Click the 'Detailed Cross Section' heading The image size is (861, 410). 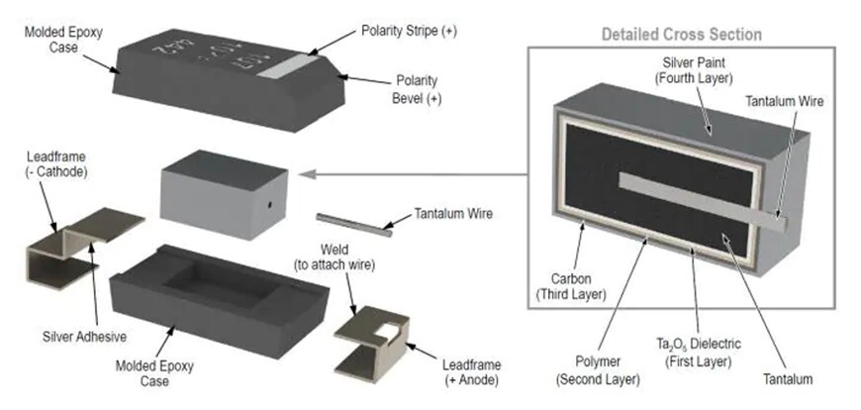point(682,35)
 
